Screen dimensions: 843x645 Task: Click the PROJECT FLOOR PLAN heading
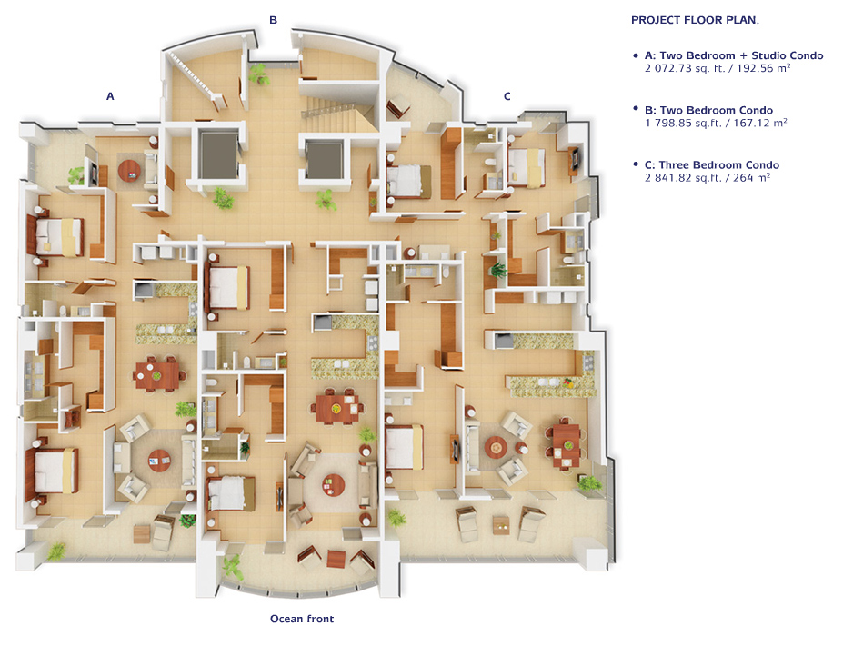click(x=695, y=20)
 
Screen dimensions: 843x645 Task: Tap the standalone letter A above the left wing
click(x=110, y=96)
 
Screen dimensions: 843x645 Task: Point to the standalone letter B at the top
click(x=273, y=20)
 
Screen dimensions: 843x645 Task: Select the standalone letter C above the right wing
click(x=507, y=96)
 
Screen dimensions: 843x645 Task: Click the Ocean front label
click(x=302, y=619)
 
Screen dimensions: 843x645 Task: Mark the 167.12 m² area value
click(x=762, y=123)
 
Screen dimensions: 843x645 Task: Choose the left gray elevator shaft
click(x=219, y=154)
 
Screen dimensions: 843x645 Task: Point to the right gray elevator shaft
click(x=324, y=160)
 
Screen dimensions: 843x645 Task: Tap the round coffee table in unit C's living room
click(x=495, y=446)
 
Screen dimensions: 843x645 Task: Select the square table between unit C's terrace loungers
click(x=500, y=525)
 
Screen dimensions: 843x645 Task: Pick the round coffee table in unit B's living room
click(x=334, y=485)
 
